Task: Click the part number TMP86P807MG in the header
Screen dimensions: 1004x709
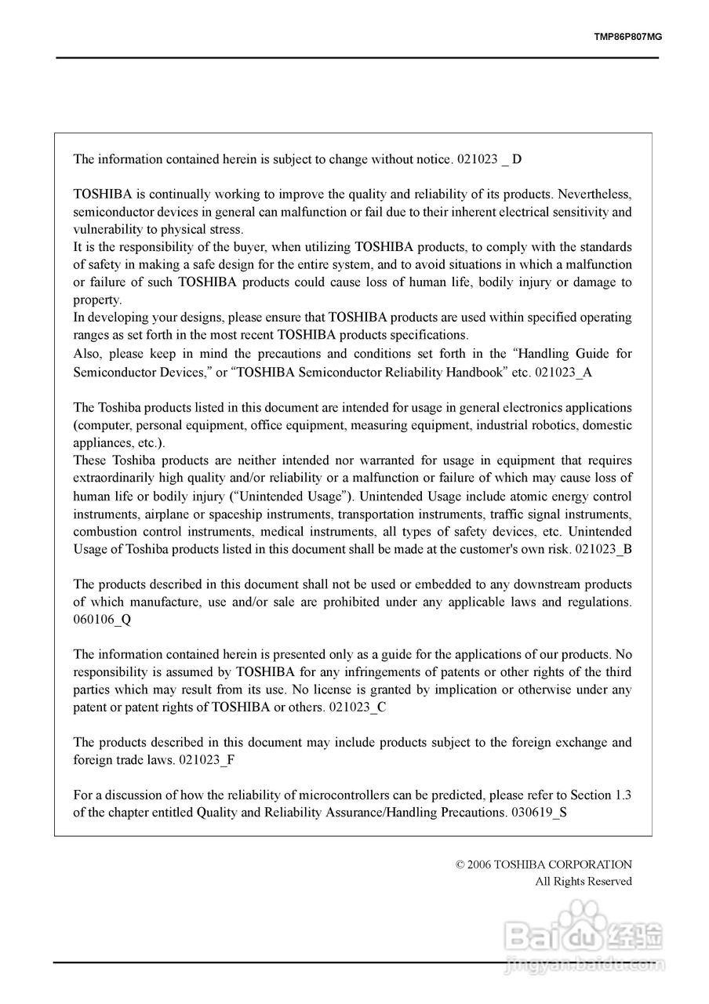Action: [628, 36]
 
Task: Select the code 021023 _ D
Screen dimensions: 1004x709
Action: [489, 159]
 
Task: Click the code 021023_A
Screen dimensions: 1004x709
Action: [563, 372]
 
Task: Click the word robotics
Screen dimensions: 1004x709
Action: [548, 425]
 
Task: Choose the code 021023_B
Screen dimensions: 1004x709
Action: [603, 549]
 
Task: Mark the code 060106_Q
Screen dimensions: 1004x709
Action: [103, 620]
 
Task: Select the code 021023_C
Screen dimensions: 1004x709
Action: [358, 707]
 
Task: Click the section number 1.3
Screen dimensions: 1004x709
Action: [623, 795]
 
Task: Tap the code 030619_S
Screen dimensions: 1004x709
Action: [538, 812]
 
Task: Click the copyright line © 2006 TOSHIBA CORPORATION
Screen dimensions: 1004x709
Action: [544, 864]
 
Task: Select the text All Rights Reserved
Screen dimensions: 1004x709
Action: [583, 882]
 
